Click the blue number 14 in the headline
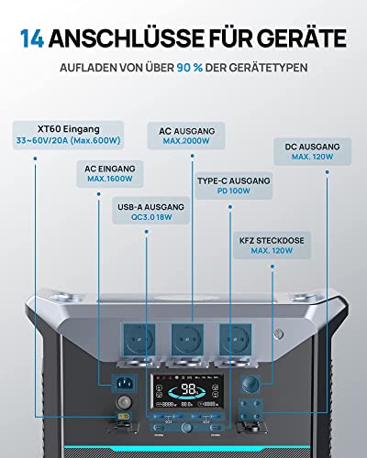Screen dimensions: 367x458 (32, 38)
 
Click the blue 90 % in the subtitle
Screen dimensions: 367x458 (190, 68)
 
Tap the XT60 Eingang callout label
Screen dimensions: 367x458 (68, 135)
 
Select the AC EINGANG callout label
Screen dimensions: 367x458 (110, 174)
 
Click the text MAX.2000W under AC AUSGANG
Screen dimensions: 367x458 (186, 141)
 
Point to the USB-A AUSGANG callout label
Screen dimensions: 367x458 (151, 211)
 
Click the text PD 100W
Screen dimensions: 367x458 (234, 191)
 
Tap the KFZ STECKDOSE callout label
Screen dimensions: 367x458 (272, 245)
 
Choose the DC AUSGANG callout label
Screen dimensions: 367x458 (313, 151)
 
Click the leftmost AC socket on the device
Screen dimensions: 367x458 (139, 340)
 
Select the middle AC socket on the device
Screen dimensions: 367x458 (187, 340)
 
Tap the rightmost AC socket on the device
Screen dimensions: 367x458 (236, 340)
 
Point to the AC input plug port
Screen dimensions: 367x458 (124, 383)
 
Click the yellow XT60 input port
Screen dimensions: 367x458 (124, 416)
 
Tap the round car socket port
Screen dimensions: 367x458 (250, 385)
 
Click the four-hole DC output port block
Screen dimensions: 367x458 (250, 410)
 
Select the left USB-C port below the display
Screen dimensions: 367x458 (159, 427)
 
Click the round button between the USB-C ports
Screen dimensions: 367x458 (186, 427)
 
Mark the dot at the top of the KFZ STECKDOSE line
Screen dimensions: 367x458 (272, 267)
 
